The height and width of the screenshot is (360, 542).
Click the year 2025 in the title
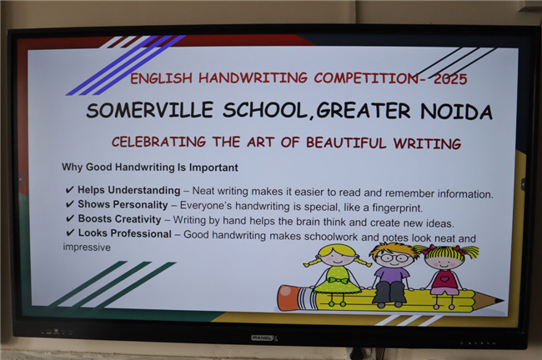click(450, 79)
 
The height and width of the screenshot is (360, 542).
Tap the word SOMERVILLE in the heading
click(149, 110)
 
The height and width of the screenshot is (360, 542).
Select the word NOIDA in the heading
click(456, 112)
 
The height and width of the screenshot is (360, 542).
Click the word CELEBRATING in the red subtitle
click(158, 142)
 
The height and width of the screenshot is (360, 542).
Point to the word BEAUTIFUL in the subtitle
click(346, 142)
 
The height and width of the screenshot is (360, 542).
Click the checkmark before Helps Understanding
click(69, 190)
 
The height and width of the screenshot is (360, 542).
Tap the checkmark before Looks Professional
click(70, 232)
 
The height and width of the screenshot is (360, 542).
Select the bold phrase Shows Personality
click(123, 204)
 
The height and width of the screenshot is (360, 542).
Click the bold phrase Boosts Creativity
click(119, 219)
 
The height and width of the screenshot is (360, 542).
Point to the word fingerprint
click(398, 208)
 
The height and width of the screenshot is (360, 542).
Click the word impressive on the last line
click(87, 247)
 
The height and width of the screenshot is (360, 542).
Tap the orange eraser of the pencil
click(289, 297)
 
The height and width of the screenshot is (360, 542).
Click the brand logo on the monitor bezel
click(264, 337)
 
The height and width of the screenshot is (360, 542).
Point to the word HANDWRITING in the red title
click(253, 77)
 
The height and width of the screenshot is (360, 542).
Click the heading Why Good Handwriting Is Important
click(150, 167)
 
